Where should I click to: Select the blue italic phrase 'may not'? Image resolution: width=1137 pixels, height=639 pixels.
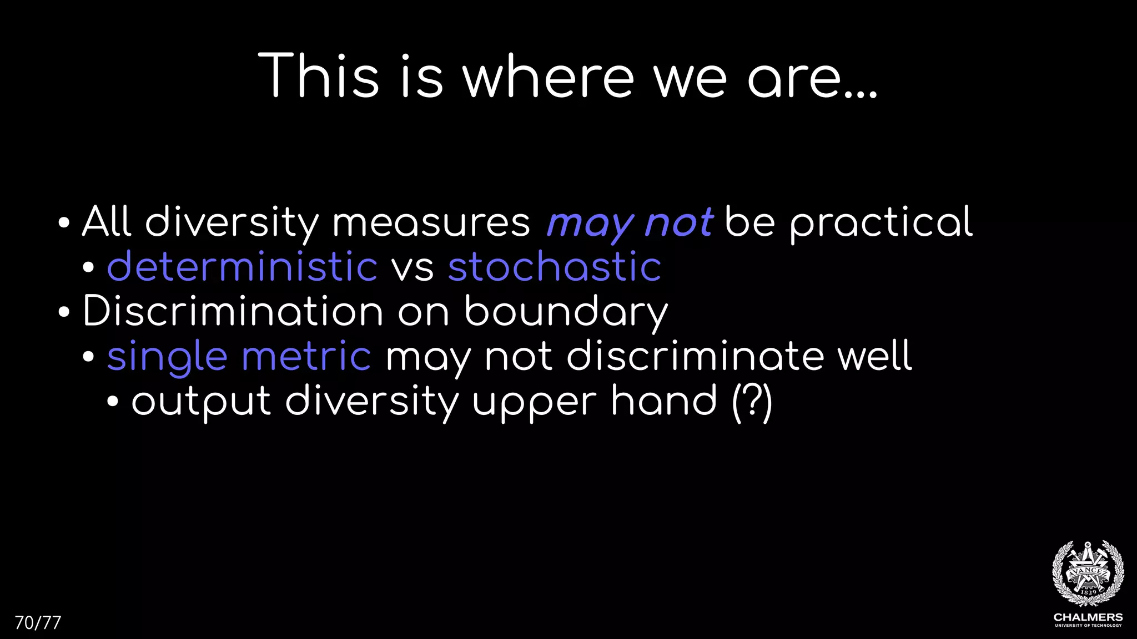click(630, 222)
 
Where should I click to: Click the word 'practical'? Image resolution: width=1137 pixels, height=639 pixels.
click(881, 222)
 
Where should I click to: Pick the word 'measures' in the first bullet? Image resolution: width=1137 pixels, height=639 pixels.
click(431, 222)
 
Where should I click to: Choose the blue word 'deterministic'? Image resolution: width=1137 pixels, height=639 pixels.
click(242, 267)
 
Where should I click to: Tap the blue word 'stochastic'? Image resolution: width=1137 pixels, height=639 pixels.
click(555, 267)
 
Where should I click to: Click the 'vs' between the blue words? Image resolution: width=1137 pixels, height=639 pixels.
click(412, 268)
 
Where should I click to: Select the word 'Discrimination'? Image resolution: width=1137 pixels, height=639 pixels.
click(233, 311)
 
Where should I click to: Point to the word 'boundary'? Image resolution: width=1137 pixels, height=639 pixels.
click(566, 312)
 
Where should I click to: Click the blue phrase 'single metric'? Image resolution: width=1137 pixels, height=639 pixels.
click(239, 357)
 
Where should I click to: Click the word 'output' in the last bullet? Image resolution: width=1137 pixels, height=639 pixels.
click(201, 401)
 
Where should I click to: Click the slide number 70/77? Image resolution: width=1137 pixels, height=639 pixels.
click(38, 623)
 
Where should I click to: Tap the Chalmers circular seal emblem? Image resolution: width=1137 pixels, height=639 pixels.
click(1088, 574)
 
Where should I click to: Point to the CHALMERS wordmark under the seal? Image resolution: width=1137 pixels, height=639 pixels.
click(1088, 617)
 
